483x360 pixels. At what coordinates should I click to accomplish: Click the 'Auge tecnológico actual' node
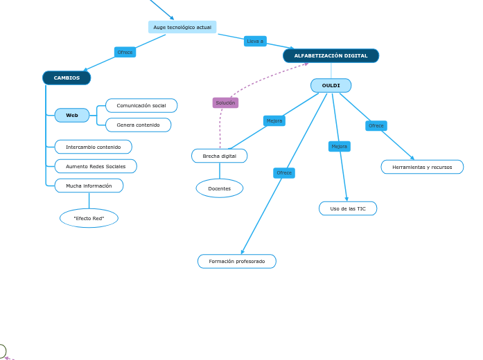pos(182,27)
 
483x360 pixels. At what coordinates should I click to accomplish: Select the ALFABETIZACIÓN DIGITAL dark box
pos(331,55)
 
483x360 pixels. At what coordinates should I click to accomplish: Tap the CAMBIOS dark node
pos(67,78)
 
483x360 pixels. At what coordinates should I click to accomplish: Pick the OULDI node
pos(331,85)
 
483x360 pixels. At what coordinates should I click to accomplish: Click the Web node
pos(72,115)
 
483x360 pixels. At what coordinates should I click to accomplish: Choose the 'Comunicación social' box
pos(141,105)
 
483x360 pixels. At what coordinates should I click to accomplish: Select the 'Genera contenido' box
pos(138,125)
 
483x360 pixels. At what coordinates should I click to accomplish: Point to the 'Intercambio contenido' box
pos(93,147)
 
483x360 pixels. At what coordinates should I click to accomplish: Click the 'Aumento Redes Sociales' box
pos(96,166)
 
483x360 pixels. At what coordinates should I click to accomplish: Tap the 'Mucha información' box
pos(89,186)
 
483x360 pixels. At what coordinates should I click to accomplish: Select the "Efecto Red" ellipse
pos(89,218)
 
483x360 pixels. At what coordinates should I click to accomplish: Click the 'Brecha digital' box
pos(219,156)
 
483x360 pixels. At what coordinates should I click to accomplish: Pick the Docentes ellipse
pos(219,188)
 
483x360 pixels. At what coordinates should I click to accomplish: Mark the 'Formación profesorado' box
pos(236,261)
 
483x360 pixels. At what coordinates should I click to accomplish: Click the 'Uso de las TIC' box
pos(348,208)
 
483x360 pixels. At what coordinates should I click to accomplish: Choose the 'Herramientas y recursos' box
pos(422,167)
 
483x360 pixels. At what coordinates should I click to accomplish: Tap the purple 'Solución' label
pos(225,102)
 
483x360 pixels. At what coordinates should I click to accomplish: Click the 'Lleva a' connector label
pos(255,41)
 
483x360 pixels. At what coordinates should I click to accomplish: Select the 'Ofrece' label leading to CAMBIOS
pos(125,52)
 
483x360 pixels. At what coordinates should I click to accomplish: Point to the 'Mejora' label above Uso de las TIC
pos(339,146)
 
